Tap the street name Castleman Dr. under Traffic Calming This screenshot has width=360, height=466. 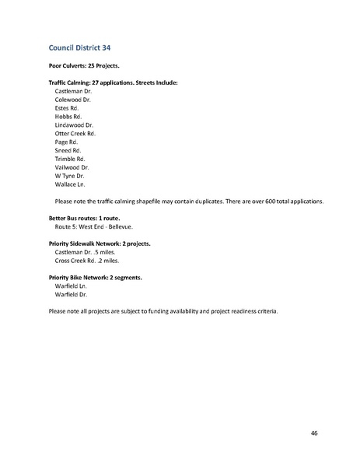pos(73,92)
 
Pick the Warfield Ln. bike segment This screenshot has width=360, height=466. pos(71,286)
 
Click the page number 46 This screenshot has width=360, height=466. pos(313,433)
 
